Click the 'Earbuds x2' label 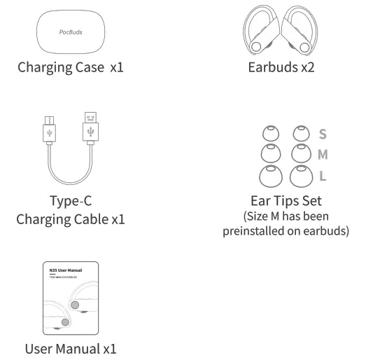click(281, 68)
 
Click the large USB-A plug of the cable click(90, 127)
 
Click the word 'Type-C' click(71, 200)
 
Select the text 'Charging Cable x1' click(71, 219)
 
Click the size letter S click(322, 134)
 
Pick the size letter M click(323, 154)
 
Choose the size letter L click(322, 175)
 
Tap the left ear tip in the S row click(269, 133)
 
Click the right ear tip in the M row click(300, 153)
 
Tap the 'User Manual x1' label click(70, 348)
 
